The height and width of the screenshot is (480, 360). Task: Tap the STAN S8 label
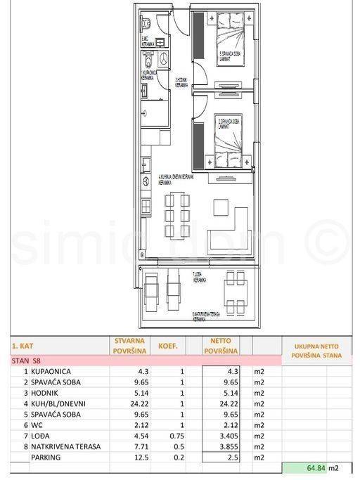pyautogui.click(x=27, y=361)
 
